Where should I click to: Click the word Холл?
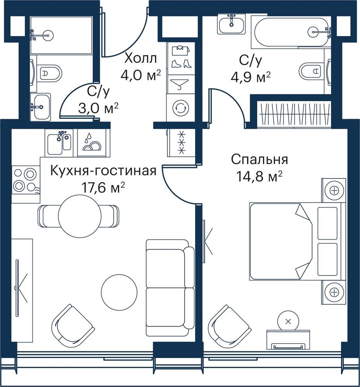pos(140,59)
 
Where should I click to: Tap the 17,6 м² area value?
pos(103,188)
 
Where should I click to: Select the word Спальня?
pos(259,159)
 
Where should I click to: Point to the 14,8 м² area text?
pos(259,176)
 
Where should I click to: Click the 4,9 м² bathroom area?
pos(251,77)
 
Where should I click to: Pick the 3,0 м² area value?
pos(98,108)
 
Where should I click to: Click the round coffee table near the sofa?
pos(119,292)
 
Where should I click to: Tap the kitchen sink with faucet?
pos(60,143)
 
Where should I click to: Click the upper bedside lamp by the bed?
pos(334,190)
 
